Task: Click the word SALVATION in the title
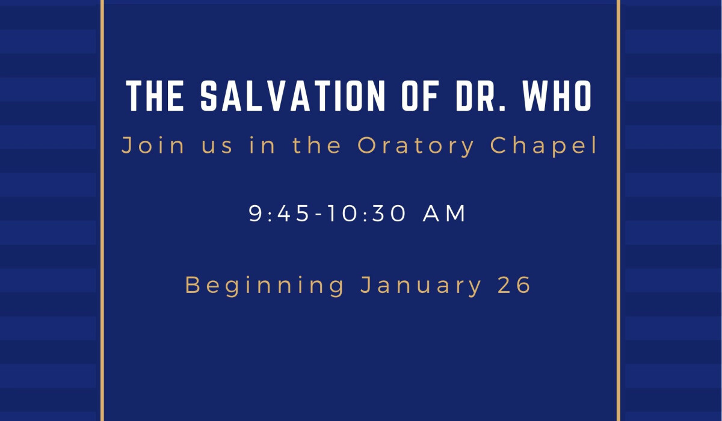(x=292, y=96)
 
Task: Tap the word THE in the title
(x=155, y=96)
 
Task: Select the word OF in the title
(x=421, y=96)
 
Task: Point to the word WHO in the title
(x=557, y=96)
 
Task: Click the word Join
(x=153, y=146)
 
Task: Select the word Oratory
(x=416, y=147)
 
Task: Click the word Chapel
(x=544, y=147)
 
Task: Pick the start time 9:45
(x=279, y=214)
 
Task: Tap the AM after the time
(x=444, y=214)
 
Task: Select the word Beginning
(x=265, y=286)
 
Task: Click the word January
(x=421, y=286)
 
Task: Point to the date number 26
(x=514, y=284)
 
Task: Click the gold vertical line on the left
(x=102, y=210)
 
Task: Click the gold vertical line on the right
(x=619, y=210)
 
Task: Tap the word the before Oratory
(x=316, y=146)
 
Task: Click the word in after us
(x=262, y=146)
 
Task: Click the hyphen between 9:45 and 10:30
(x=319, y=215)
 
